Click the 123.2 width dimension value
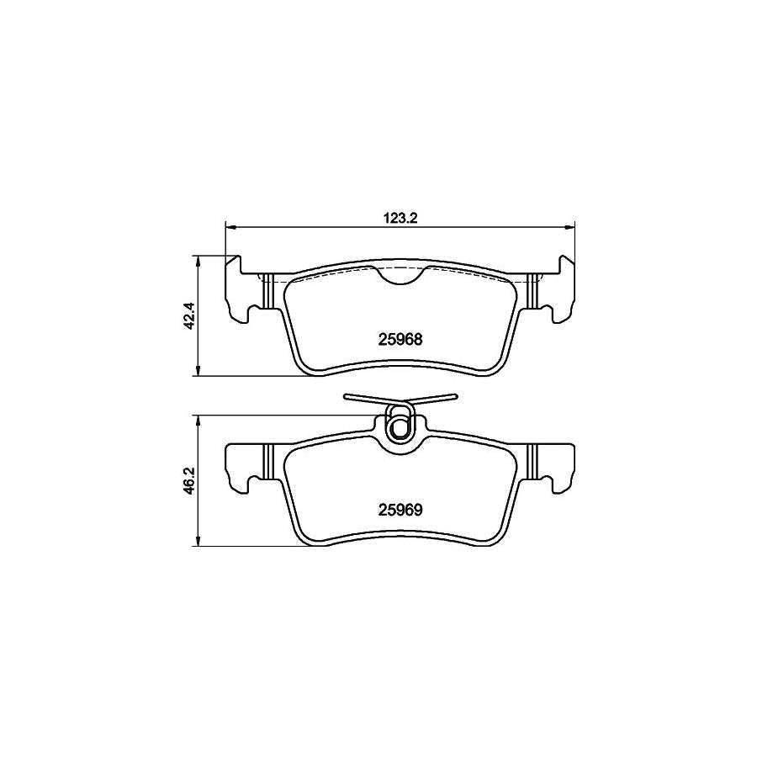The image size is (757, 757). (400, 218)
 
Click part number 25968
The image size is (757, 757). (400, 340)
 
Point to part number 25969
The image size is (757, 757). (400, 510)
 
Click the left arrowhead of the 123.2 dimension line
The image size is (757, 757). (230, 226)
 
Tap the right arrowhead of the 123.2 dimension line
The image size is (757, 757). (570, 226)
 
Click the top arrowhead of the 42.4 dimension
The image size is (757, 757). (197, 260)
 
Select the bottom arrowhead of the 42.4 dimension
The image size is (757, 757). (197, 371)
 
